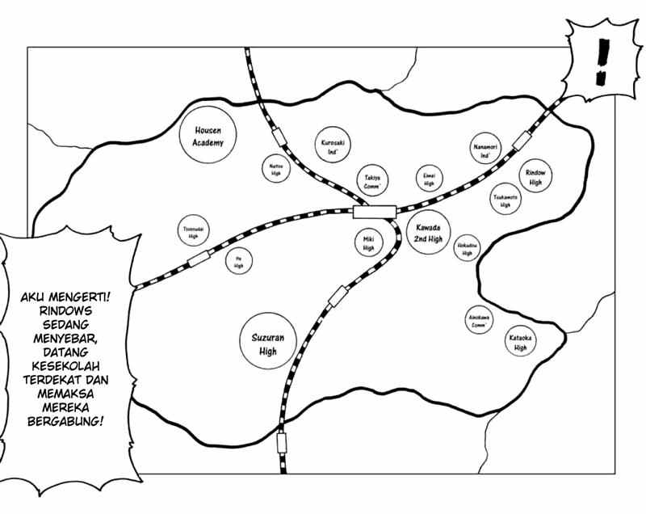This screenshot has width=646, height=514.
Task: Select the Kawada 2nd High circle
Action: (428, 233)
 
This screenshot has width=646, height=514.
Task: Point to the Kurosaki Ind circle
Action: (329, 147)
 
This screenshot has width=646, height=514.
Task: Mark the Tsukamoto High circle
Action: (505, 199)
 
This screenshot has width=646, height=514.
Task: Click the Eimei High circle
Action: (429, 179)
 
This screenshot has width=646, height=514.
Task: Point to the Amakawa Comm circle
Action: (478, 319)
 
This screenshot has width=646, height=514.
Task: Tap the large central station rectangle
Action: (375, 212)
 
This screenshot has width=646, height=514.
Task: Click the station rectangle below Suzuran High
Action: (282, 442)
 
